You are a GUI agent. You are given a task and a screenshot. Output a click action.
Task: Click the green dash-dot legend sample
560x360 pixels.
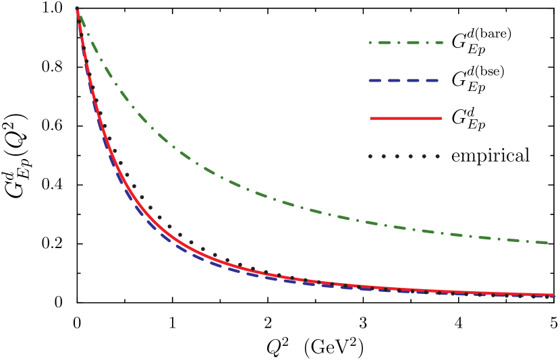[x=405, y=42]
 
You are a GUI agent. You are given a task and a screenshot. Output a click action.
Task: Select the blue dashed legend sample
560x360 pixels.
[x=403, y=80]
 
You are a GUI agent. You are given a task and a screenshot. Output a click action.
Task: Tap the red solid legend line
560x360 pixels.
[x=405, y=118]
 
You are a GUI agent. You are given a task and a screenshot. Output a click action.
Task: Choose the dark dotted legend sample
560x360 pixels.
[x=403, y=156]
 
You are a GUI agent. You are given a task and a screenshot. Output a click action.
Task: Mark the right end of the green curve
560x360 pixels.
[x=547, y=243]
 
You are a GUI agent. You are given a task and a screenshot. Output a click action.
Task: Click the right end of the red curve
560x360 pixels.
[x=553, y=295]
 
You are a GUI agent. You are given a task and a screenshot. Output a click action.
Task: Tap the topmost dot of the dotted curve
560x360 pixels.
[x=77, y=9]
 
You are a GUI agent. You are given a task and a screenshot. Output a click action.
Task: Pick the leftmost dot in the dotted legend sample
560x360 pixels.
[x=370, y=156]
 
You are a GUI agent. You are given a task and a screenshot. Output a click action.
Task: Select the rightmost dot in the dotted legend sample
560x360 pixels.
[x=437, y=156]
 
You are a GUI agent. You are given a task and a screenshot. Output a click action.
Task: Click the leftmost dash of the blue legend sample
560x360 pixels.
[x=376, y=80]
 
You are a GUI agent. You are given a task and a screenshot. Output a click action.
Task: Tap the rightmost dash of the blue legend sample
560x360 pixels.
[x=432, y=80]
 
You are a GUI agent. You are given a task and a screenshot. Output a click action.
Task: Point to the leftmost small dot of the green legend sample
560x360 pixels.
[x=370, y=42]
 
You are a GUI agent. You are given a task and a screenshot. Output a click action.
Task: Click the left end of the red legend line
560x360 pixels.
[x=371, y=118]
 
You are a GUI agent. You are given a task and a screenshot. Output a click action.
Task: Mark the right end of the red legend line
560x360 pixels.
[x=441, y=118]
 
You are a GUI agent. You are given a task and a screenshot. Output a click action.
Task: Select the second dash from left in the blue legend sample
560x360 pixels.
[x=395, y=80]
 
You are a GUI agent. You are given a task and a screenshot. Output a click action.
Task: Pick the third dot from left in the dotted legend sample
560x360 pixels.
[x=397, y=156]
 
